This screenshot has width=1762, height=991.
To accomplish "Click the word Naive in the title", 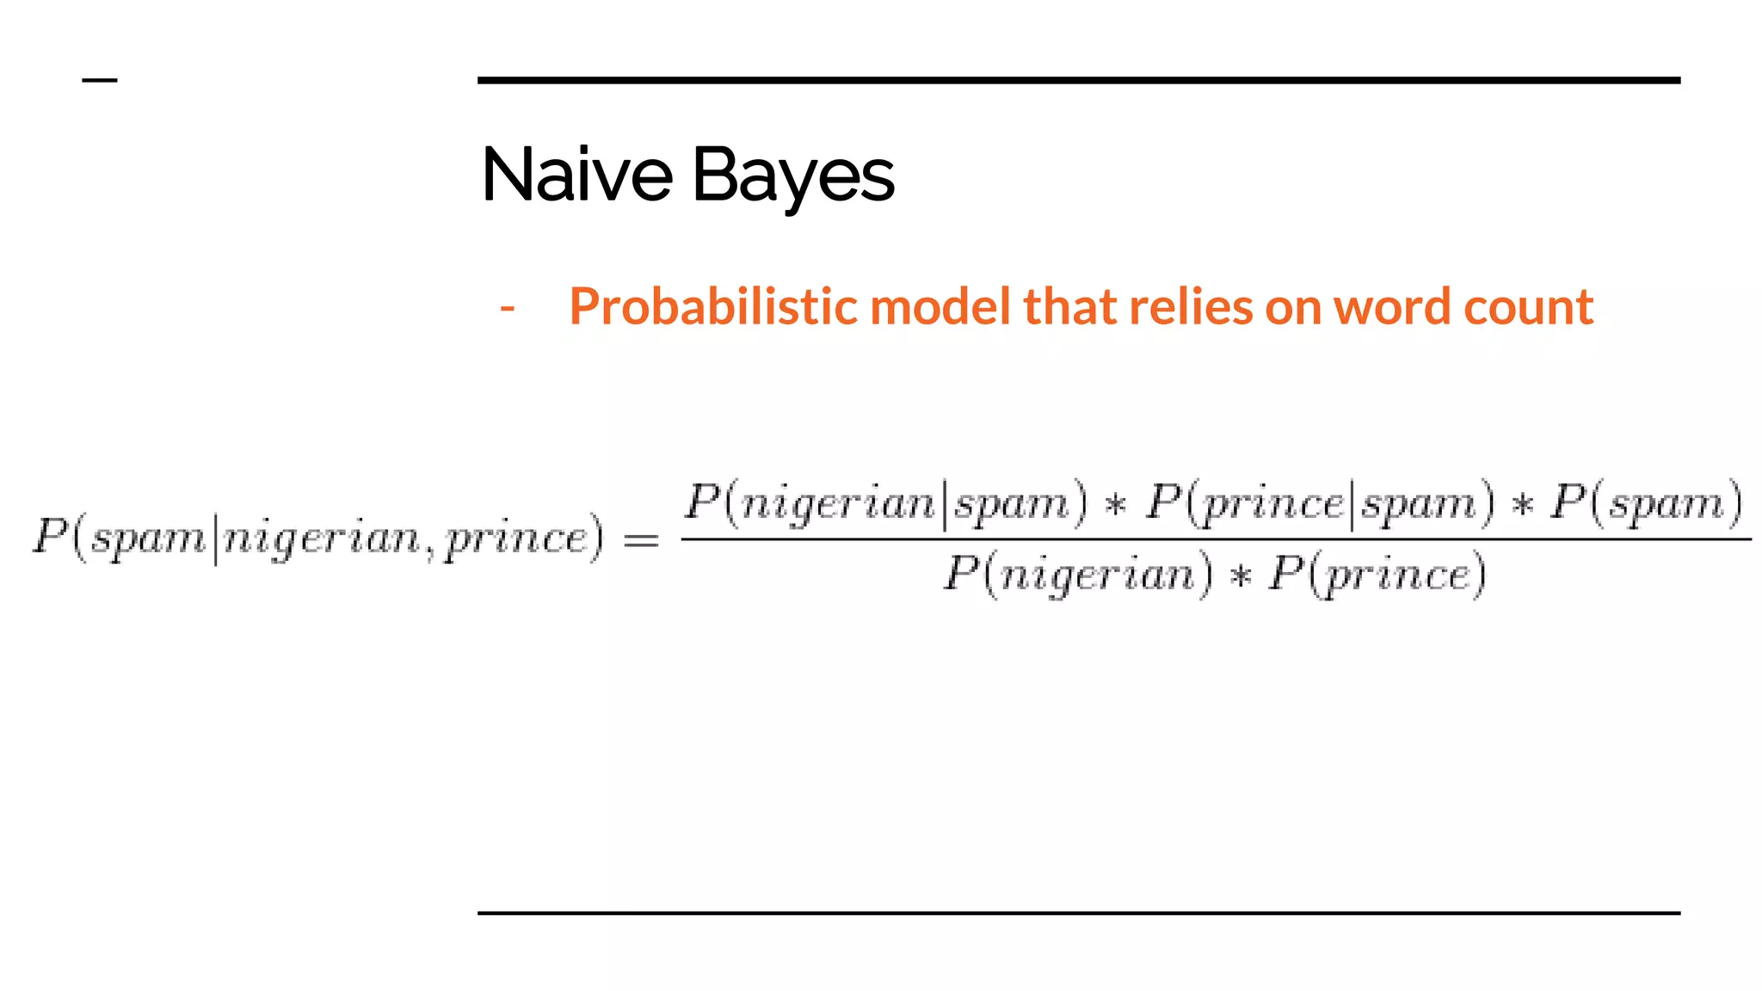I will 576,175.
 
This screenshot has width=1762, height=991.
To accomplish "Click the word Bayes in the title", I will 792,175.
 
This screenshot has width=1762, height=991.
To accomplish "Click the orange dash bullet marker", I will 508,307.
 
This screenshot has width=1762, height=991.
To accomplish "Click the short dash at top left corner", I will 100,81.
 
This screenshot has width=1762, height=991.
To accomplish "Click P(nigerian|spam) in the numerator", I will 886,502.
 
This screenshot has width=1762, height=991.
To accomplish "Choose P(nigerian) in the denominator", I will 1079,574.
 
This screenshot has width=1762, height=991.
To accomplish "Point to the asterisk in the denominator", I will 1240,576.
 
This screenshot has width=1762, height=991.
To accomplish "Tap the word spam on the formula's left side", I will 149,540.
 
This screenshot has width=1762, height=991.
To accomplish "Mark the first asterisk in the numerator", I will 1116,505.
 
